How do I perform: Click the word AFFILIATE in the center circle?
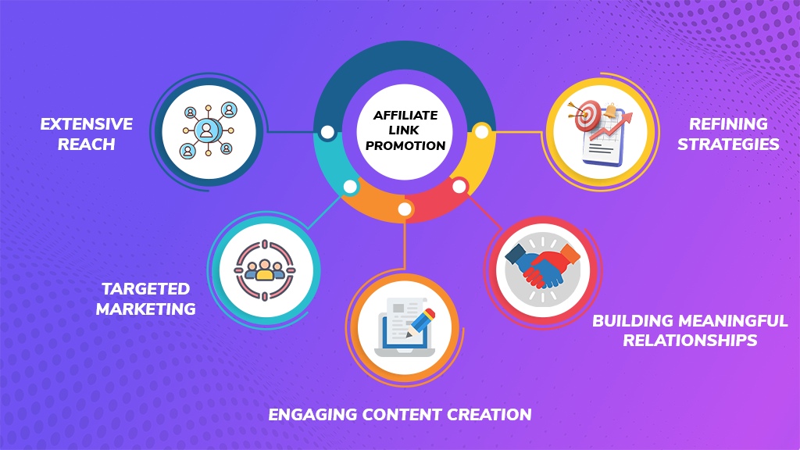405,116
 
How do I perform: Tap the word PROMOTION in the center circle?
405,145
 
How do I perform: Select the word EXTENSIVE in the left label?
87,124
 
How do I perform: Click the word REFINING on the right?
728,124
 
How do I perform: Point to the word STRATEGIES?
728,145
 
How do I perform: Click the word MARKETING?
146,309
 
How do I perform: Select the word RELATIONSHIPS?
691,341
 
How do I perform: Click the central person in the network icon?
206,130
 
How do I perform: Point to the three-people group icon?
265,270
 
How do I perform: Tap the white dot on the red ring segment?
459,187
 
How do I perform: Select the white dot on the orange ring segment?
405,209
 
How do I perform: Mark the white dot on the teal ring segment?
350,187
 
